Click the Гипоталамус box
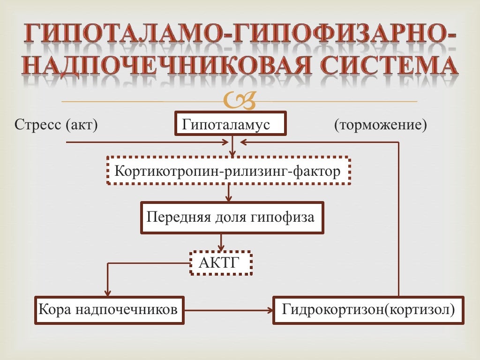pyautogui.click(x=230, y=124)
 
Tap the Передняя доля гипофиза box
pyautogui.click(x=232, y=217)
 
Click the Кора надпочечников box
pyautogui.click(x=109, y=310)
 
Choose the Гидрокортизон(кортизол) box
pyautogui.click(x=368, y=310)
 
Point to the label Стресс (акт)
pyautogui.click(x=56, y=125)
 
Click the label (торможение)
pyautogui.click(x=380, y=125)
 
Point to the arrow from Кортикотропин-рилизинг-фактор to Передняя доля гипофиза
pyautogui.click(x=229, y=193)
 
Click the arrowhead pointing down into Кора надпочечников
pyautogui.click(x=108, y=292)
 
